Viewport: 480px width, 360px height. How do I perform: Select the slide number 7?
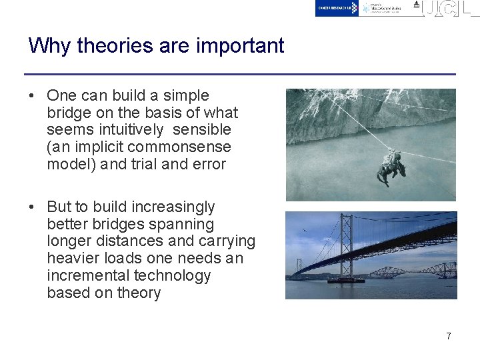click(x=448, y=336)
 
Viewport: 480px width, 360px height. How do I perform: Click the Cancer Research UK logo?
click(x=337, y=8)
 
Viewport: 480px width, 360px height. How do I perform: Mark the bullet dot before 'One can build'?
click(x=32, y=96)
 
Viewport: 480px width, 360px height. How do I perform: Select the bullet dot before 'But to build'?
click(x=32, y=207)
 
